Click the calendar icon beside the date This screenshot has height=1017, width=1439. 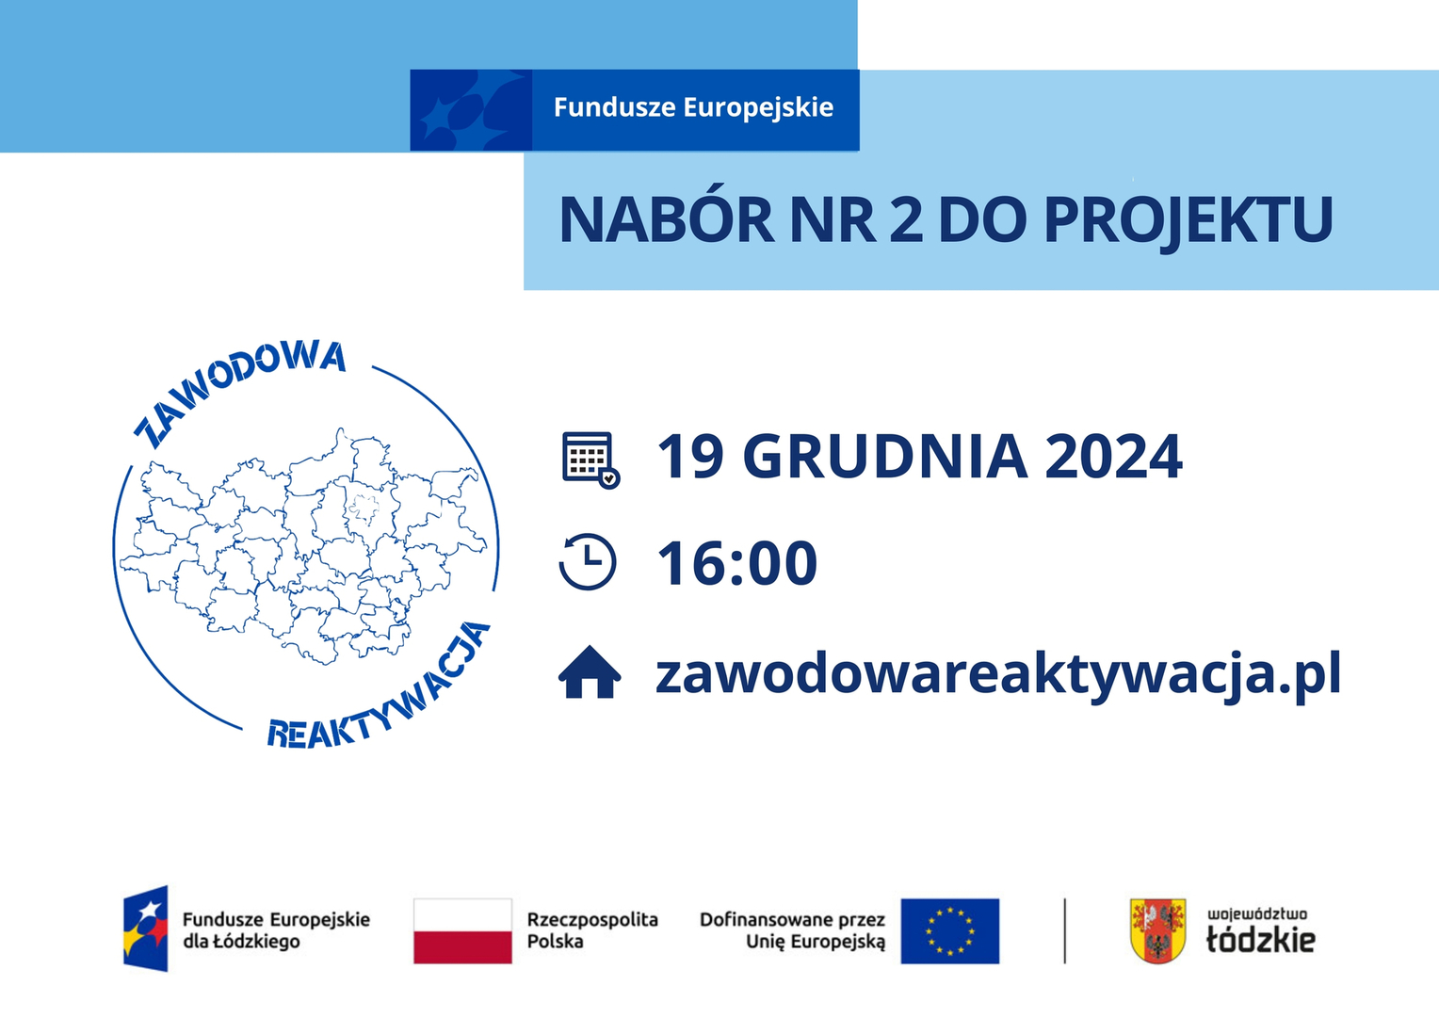pyautogui.click(x=590, y=460)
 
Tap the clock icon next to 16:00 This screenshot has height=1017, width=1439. pyautogui.click(x=588, y=561)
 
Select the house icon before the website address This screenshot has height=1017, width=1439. pyautogui.click(x=590, y=671)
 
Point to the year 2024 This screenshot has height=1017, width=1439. pyautogui.click(x=1113, y=456)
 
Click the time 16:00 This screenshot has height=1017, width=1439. pyautogui.click(x=736, y=563)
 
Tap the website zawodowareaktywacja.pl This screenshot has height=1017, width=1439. pyautogui.click(x=998, y=672)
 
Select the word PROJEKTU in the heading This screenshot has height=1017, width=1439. pyautogui.click(x=1188, y=219)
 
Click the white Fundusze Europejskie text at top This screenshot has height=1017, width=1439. pyautogui.click(x=694, y=107)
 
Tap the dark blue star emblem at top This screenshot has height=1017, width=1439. pyautogui.click(x=471, y=110)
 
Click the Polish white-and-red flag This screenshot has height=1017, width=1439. pyautogui.click(x=462, y=931)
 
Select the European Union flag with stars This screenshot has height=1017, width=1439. pyautogui.click(x=949, y=931)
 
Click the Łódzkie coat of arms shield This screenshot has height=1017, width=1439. pyautogui.click(x=1157, y=931)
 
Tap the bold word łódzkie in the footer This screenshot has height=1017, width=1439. pyautogui.click(x=1260, y=941)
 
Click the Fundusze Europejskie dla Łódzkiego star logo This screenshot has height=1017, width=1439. pyautogui.click(x=146, y=928)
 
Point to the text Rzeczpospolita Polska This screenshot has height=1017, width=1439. pyautogui.click(x=592, y=930)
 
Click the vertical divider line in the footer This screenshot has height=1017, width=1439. pyautogui.click(x=1064, y=931)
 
